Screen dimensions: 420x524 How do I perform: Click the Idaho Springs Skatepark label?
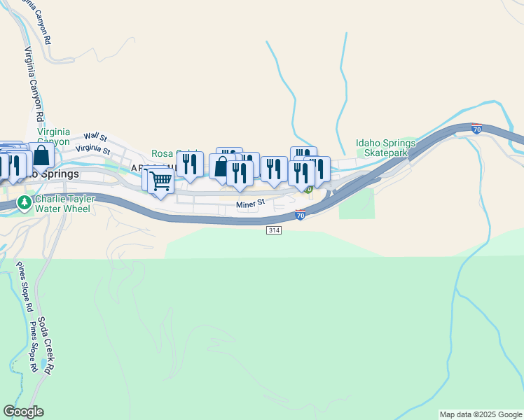click(x=385, y=148)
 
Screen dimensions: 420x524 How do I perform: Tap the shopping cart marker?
click(x=161, y=181)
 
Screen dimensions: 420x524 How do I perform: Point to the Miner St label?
click(x=250, y=204)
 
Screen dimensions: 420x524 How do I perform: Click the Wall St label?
click(x=95, y=137)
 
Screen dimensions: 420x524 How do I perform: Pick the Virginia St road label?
click(x=93, y=148)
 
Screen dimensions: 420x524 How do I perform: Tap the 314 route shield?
click(x=273, y=230)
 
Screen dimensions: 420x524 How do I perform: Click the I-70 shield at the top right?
click(x=476, y=129)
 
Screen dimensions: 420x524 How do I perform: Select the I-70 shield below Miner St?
click(x=300, y=216)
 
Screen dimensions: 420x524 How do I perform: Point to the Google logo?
click(x=23, y=412)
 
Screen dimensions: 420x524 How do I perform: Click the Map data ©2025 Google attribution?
click(x=481, y=414)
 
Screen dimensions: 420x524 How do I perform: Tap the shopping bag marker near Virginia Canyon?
click(x=41, y=155)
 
